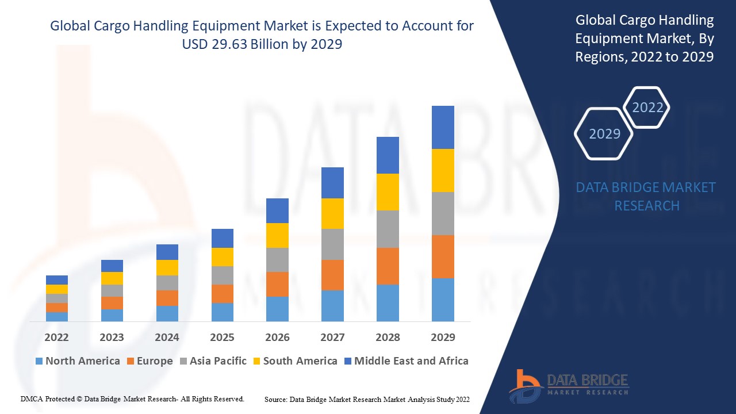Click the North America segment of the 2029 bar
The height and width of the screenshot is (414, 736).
(x=443, y=300)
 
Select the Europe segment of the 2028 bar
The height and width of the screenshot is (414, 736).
(x=388, y=266)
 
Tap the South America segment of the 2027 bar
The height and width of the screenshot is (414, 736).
(x=332, y=213)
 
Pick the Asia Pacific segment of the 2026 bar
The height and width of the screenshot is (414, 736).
(x=277, y=260)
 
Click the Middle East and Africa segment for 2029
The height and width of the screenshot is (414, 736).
(x=443, y=127)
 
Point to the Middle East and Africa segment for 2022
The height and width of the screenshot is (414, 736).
(x=57, y=280)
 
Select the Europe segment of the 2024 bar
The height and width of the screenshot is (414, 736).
(x=167, y=298)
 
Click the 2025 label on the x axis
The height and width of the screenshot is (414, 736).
(x=222, y=337)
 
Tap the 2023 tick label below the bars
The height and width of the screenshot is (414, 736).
(x=112, y=337)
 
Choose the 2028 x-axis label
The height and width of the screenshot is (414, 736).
(x=388, y=337)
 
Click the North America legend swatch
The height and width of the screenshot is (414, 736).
(x=39, y=361)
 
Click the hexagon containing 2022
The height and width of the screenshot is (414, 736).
(x=647, y=108)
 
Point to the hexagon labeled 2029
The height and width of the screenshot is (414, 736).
(x=604, y=134)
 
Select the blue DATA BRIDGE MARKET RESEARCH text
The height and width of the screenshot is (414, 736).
(x=646, y=196)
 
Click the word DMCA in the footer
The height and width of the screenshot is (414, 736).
(x=31, y=398)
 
